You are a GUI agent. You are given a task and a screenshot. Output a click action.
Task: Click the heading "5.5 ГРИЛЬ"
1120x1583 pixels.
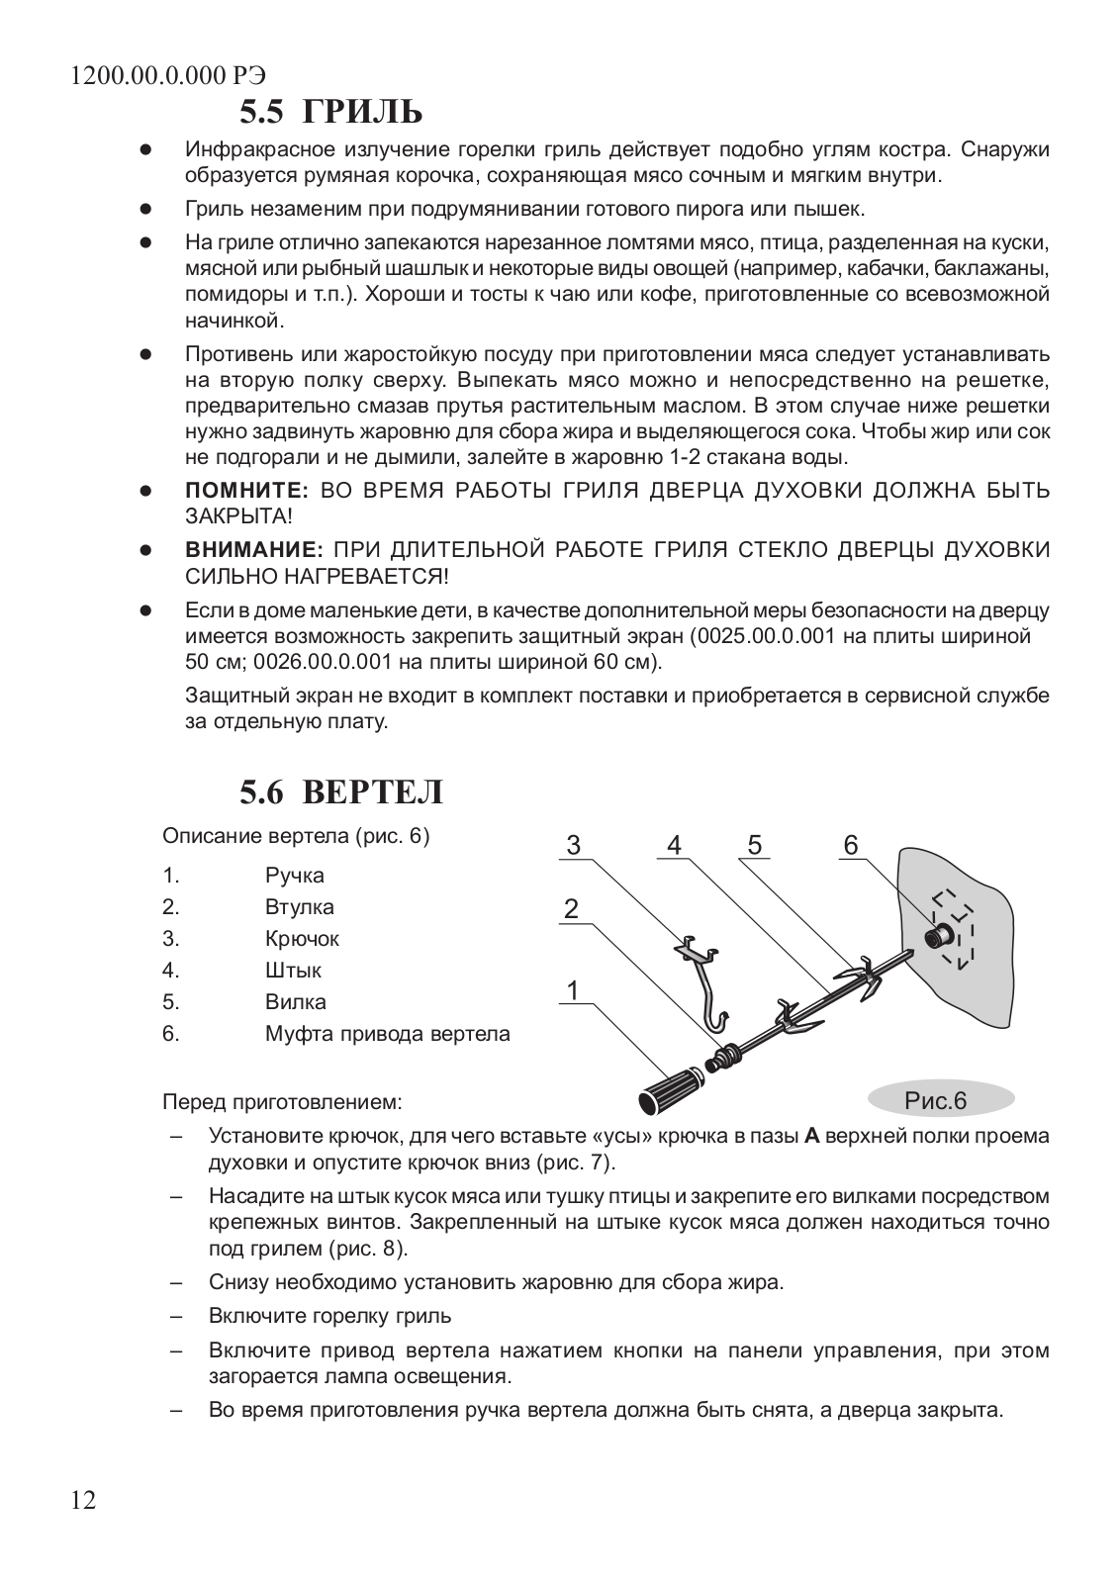[330, 112]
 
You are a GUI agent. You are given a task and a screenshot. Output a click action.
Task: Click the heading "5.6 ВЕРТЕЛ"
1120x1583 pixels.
[340, 792]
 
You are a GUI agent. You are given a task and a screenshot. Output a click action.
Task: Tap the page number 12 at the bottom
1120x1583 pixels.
[84, 1500]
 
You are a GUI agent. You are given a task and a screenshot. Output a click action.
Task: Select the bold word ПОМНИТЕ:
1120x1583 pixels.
[248, 491]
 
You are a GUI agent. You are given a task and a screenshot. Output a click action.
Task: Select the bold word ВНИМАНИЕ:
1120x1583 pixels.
[255, 550]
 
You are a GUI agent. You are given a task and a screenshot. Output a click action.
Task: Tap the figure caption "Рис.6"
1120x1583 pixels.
[936, 1100]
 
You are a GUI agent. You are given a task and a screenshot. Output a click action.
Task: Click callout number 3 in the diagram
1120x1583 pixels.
[574, 846]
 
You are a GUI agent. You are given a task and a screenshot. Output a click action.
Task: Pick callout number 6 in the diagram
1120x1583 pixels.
[851, 846]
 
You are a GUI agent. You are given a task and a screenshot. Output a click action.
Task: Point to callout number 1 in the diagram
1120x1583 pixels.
[571, 989]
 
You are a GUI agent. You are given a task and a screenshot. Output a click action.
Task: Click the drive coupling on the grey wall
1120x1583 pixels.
[938, 934]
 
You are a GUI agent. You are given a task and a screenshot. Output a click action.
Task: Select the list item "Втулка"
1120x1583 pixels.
[300, 907]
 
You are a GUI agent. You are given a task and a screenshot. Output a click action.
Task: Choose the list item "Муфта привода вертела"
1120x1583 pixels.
[388, 1034]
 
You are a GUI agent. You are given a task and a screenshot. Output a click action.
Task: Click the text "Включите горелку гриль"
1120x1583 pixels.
[330, 1316]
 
